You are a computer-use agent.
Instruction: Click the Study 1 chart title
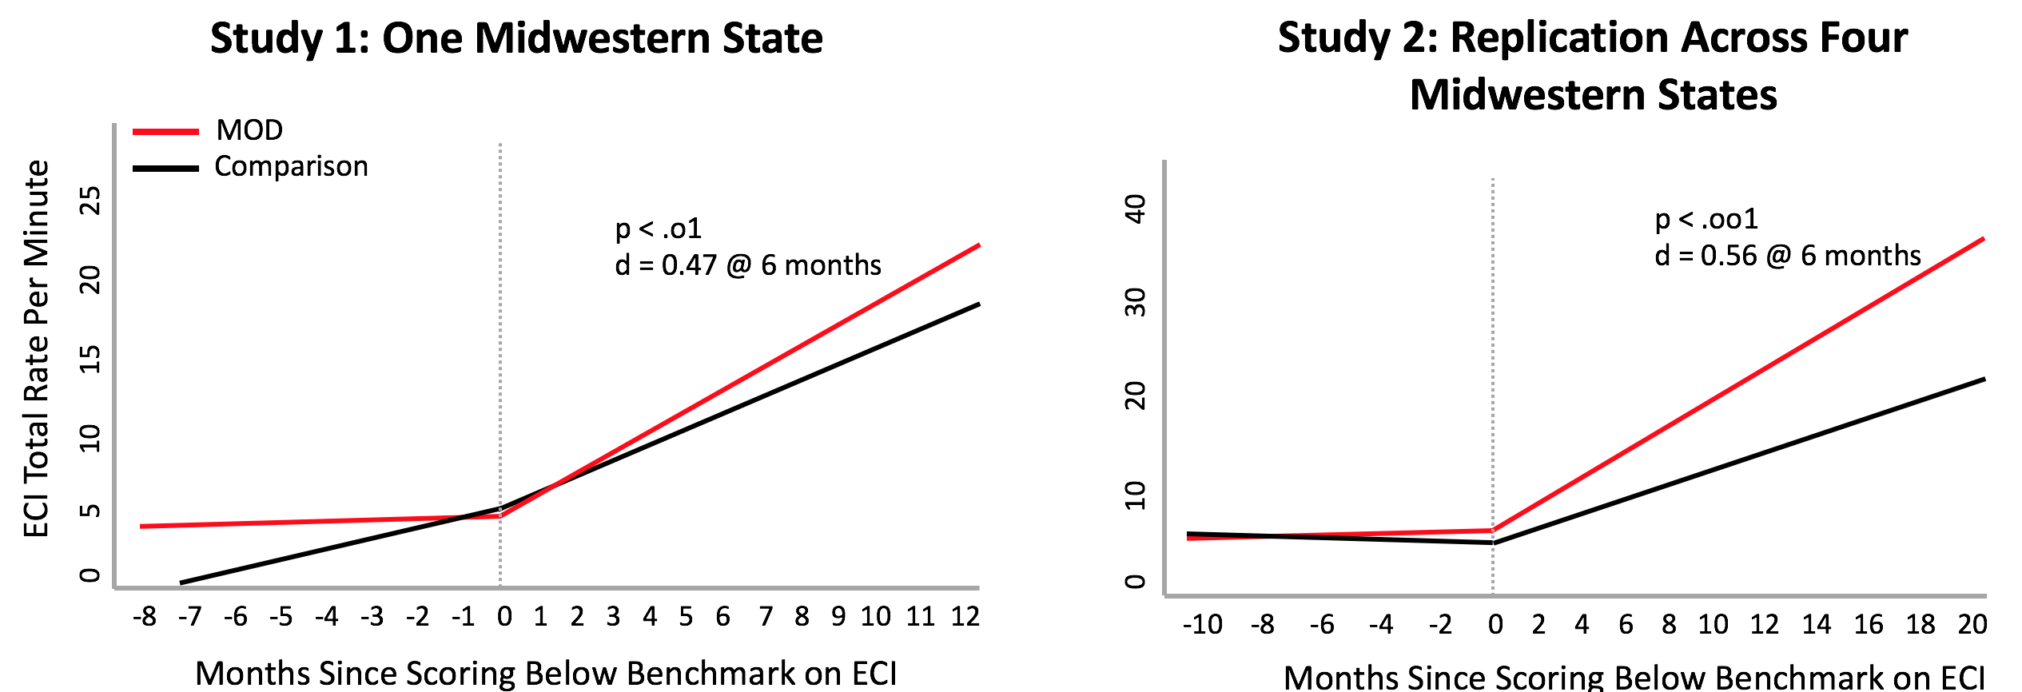(516, 38)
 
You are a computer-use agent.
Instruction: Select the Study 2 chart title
(1592, 66)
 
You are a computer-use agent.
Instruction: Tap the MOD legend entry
(249, 130)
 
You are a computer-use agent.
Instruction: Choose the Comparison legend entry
(291, 166)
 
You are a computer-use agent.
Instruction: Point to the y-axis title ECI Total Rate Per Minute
(37, 348)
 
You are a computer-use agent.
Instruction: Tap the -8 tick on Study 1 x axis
(145, 617)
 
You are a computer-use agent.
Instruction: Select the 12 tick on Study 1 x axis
(965, 617)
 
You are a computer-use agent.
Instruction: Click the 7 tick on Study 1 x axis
(766, 617)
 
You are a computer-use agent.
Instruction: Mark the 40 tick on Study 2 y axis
(1136, 209)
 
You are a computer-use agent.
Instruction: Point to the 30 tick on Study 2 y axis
(1136, 302)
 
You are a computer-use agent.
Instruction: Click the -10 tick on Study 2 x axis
(1203, 624)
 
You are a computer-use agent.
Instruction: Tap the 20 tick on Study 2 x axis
(1972, 624)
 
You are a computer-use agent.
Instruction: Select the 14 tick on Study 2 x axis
(1817, 624)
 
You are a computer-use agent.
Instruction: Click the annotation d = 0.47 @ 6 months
(748, 265)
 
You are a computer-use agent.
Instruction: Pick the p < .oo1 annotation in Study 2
(1706, 219)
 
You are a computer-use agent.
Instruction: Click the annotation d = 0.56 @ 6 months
(1788, 256)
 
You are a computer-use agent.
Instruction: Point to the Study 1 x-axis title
(546, 674)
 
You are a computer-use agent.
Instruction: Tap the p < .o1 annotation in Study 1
(659, 229)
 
